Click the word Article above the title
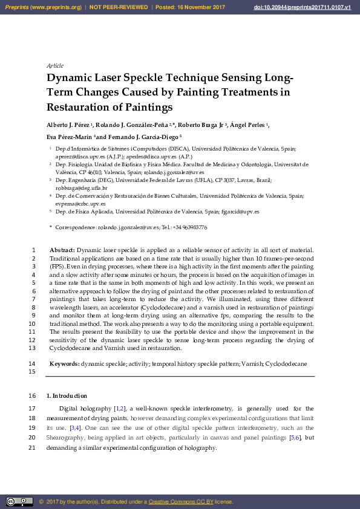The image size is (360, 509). coord(55,65)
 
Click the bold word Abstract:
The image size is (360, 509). coord(62,250)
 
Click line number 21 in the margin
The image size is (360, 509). coord(33,448)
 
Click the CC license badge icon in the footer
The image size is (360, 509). coord(19,502)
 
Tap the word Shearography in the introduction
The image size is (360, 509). coord(67,438)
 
